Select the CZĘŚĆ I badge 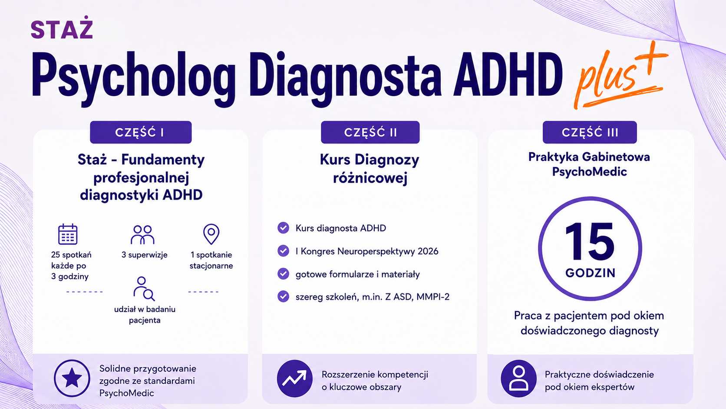coord(141,132)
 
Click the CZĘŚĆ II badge coord(370,132)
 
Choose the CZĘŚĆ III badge coord(590,132)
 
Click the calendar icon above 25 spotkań coord(68,234)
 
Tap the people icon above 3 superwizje coord(142,235)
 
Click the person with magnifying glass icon coord(144,289)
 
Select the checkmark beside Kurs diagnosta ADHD coord(283,228)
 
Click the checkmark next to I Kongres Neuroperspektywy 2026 coord(283,251)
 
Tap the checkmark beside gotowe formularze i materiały coord(283,274)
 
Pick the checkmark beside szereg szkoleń coord(283,296)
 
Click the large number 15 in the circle coord(590,242)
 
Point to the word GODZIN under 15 coord(590,273)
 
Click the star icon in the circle coord(72,378)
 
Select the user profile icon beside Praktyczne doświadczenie coord(518,378)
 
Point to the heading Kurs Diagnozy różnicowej coord(370,169)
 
